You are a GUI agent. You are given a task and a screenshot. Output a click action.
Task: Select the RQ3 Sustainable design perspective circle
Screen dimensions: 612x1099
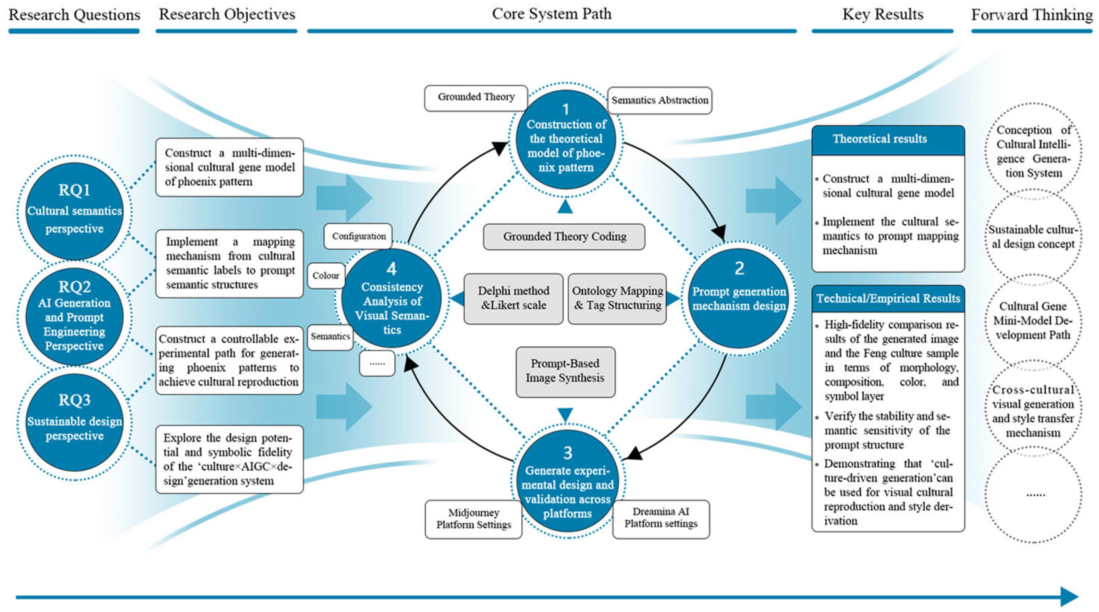coord(74,422)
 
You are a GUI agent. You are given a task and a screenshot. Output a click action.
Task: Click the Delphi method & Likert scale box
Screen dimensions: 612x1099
coord(513,299)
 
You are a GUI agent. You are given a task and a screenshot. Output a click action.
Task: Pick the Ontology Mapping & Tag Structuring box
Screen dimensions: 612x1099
coord(617,299)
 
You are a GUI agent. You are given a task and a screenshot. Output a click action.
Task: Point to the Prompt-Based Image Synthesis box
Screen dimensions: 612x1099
coord(565,371)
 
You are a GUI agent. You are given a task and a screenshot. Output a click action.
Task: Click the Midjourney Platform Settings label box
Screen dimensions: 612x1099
coord(473,519)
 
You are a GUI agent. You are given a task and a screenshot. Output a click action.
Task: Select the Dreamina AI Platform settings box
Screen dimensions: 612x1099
coord(661,518)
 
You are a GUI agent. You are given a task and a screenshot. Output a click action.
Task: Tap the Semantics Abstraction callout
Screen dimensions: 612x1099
coord(660,100)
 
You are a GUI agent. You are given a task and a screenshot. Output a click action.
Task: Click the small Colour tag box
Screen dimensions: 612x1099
coord(325,276)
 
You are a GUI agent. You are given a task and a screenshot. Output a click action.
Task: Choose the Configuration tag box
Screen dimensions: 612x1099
coord(358,236)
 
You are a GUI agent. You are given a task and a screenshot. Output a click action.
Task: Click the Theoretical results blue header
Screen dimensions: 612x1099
coord(888,140)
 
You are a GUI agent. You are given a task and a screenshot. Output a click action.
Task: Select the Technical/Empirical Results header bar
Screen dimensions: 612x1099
coord(888,299)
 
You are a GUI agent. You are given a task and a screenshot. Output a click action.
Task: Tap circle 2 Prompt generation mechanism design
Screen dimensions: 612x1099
coord(739,298)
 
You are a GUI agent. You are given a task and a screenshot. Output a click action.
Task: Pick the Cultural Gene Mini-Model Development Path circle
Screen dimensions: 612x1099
coord(1033,321)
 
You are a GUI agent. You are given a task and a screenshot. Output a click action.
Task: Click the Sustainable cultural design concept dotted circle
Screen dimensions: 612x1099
coord(1033,237)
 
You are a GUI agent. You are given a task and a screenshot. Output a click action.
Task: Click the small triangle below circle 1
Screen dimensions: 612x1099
coord(565,207)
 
